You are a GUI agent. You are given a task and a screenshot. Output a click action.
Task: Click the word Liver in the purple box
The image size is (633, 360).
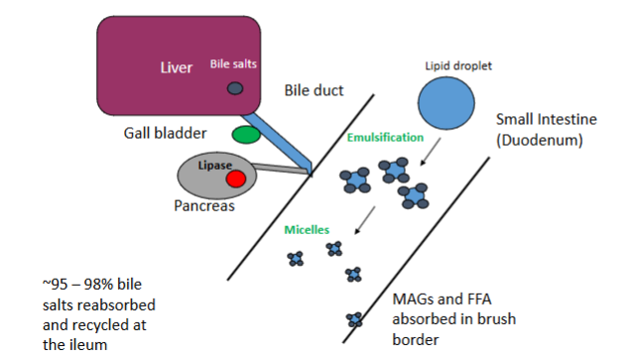[176, 68]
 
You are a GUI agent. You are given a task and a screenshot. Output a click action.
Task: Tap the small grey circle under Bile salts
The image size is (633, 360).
[235, 88]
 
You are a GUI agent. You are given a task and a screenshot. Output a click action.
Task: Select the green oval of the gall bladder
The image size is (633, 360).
[245, 134]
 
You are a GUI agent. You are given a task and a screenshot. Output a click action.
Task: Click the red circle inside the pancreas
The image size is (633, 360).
[235, 179]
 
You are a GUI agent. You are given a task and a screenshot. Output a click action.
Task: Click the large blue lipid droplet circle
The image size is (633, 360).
[445, 103]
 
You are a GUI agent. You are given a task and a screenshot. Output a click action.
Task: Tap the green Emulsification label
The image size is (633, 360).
[385, 137]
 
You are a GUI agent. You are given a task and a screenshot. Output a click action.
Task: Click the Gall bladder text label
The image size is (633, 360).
[163, 133]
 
